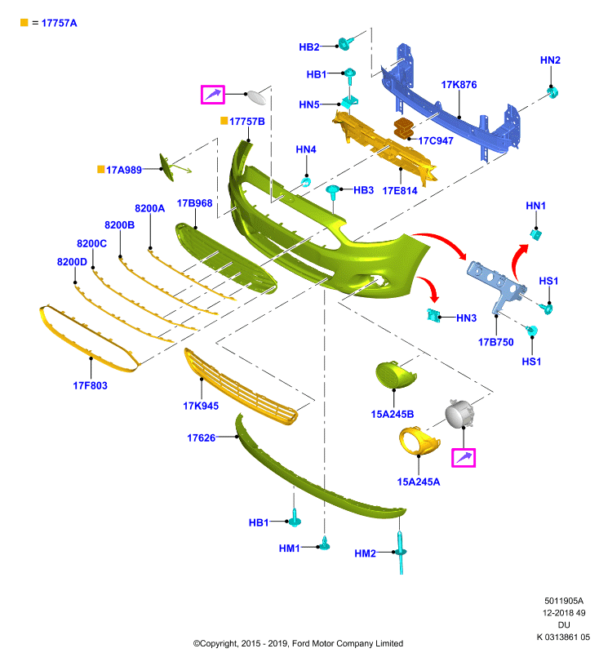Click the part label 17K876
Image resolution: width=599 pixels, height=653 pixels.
click(459, 85)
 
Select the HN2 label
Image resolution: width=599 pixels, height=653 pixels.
click(550, 60)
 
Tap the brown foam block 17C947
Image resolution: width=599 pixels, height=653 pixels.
click(403, 128)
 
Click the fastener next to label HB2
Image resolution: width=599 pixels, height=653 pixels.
click(345, 43)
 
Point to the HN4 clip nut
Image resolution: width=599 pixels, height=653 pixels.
click(306, 182)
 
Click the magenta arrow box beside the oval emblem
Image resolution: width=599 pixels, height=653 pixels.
click(213, 95)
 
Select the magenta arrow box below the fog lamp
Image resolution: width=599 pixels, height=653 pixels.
click(464, 458)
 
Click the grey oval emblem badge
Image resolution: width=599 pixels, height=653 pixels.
click(256, 97)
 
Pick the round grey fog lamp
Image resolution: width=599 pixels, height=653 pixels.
click(459, 414)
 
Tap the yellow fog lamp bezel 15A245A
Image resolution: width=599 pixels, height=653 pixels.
click(418, 441)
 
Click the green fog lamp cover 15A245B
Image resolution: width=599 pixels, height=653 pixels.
click(395, 375)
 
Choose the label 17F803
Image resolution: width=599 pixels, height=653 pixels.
click(90, 385)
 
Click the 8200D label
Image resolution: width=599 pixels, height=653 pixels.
click(72, 262)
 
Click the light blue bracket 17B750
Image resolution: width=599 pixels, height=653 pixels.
click(498, 284)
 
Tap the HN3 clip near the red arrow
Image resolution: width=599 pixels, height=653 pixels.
click(433, 316)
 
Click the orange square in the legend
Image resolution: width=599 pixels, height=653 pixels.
click(24, 23)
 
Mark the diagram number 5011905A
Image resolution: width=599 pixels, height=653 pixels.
click(564, 601)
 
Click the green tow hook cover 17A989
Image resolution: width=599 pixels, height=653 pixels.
click(167, 167)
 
